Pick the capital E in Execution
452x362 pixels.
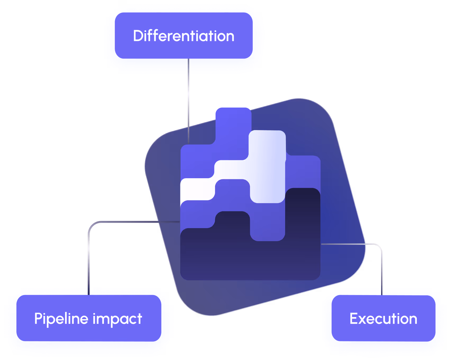(354, 319)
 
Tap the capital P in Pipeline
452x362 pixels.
(38, 318)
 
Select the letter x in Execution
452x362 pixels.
(364, 319)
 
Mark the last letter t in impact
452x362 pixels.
(139, 319)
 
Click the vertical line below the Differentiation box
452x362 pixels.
(188, 100)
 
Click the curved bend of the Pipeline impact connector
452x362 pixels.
(91, 225)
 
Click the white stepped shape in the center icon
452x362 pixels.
(267, 167)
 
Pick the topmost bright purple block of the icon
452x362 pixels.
(233, 122)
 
